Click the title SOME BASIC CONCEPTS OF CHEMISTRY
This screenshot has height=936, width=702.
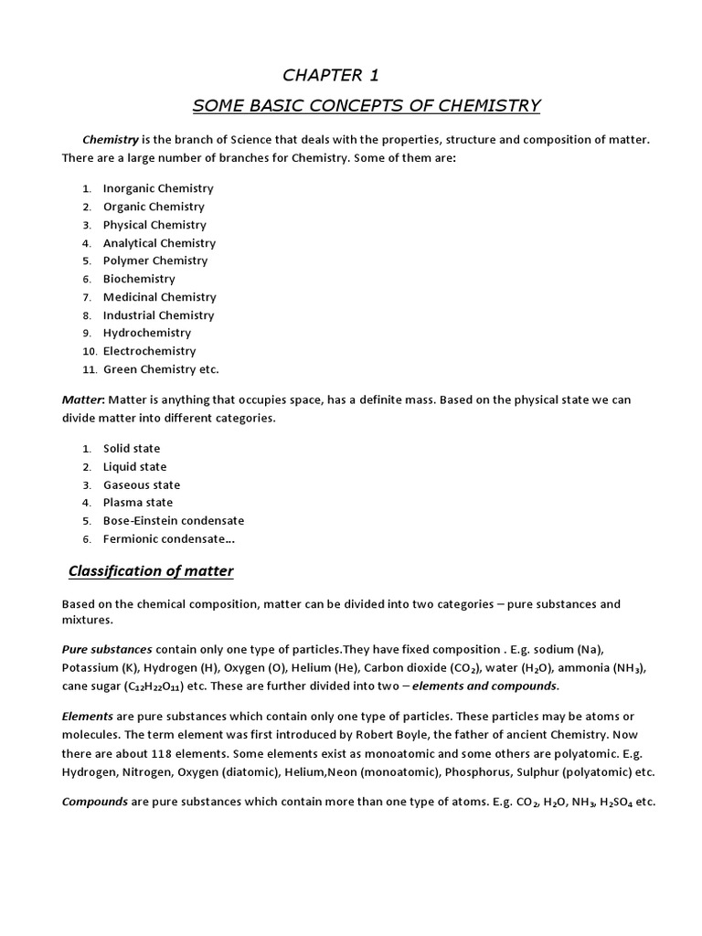click(x=367, y=106)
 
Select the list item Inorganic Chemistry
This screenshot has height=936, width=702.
click(x=158, y=188)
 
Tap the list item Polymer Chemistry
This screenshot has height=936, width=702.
click(x=155, y=261)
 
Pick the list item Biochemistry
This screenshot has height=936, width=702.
click(x=139, y=279)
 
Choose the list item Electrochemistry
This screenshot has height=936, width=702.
click(x=149, y=351)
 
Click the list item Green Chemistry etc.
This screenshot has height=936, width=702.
click(x=161, y=369)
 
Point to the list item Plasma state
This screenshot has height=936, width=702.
click(x=137, y=503)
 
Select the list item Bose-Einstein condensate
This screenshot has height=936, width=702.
click(x=174, y=521)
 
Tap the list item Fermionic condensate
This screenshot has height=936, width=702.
click(x=168, y=539)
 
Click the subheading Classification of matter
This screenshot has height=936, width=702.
click(x=151, y=572)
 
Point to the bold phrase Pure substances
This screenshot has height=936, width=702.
click(x=107, y=649)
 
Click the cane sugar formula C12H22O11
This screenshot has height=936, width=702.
click(x=151, y=686)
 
